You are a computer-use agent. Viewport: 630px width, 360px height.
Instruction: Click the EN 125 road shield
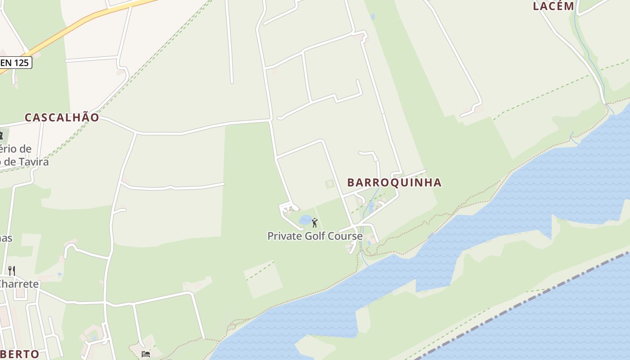[x=15, y=63]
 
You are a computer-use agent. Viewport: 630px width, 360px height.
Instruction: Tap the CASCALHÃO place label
[x=62, y=117]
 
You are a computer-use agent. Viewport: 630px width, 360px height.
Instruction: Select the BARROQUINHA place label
[x=394, y=182]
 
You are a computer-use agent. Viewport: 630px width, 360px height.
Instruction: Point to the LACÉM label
[x=553, y=6]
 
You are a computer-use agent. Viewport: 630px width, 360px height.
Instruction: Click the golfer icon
[x=315, y=222]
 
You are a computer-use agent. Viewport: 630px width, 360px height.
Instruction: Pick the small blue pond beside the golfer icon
[x=305, y=220]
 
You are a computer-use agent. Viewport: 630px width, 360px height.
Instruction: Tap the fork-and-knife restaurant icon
[x=12, y=270]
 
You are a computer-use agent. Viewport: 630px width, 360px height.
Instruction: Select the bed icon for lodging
[x=146, y=354]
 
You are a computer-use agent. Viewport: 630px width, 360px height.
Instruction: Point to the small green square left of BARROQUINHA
[x=330, y=183]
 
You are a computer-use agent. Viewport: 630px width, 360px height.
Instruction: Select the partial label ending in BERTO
[x=20, y=354]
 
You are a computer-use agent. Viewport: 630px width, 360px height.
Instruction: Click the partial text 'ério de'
[x=16, y=149]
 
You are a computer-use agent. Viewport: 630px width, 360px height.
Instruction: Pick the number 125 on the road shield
[x=21, y=63]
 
